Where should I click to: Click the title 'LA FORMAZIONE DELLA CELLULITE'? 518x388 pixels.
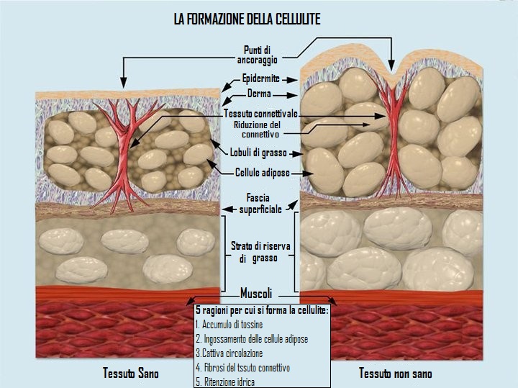[247, 20]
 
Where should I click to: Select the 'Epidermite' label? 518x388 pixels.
[260, 78]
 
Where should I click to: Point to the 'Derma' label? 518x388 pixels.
[259, 94]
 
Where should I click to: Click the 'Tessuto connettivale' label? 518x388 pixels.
[260, 114]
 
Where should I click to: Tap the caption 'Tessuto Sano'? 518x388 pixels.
[131, 374]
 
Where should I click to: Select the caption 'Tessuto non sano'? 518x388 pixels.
[396, 374]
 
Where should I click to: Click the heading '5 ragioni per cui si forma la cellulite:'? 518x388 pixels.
[262, 310]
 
